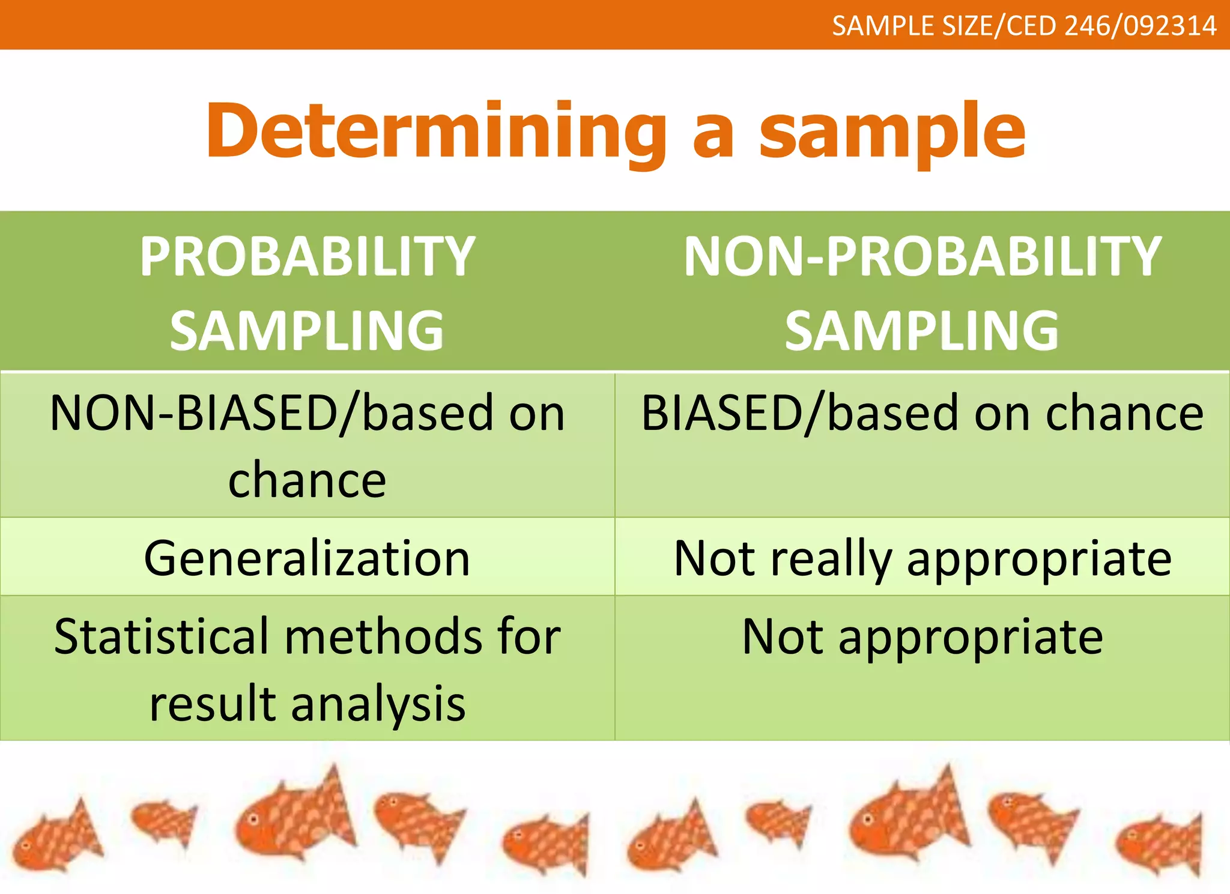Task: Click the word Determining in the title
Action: pyautogui.click(x=435, y=132)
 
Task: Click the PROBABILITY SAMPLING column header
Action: pyautogui.click(x=307, y=292)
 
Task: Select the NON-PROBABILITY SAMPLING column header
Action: pyautogui.click(x=922, y=292)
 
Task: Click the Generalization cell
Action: pyautogui.click(x=307, y=558)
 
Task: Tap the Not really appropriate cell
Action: pyautogui.click(x=922, y=558)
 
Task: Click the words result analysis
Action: pyautogui.click(x=307, y=704)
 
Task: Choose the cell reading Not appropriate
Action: pyautogui.click(x=922, y=636)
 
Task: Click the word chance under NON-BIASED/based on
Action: pyautogui.click(x=307, y=480)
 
